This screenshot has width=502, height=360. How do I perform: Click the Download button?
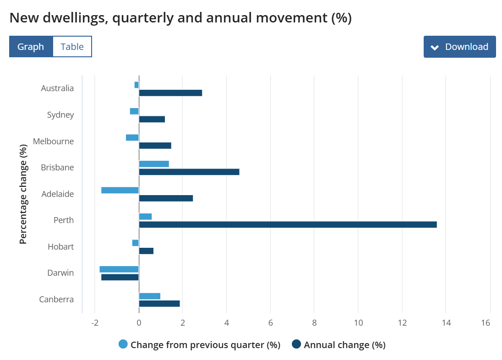tap(459, 47)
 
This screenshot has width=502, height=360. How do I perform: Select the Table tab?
tap(72, 47)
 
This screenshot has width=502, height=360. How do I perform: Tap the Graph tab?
tap(31, 47)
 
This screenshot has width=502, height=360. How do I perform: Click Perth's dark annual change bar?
tap(288, 224)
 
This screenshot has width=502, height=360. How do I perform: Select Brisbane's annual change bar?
tap(189, 172)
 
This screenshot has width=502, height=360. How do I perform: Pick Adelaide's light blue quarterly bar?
tap(120, 190)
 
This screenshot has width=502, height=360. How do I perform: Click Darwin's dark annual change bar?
tap(120, 277)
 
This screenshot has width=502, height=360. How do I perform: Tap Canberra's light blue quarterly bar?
tap(150, 296)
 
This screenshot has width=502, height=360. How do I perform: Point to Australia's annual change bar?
tap(170, 93)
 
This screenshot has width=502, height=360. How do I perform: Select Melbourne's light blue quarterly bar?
tap(132, 137)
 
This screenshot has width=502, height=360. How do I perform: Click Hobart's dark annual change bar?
tap(146, 251)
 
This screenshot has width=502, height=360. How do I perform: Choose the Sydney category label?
tap(60, 115)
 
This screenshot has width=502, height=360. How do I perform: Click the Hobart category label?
tap(61, 247)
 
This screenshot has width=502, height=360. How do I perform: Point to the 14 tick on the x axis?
tap(446, 323)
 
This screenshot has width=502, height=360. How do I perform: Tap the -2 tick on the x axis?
tap(95, 323)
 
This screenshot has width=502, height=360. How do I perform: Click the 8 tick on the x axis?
tap(314, 323)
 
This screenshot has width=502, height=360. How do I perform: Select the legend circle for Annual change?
tap(296, 344)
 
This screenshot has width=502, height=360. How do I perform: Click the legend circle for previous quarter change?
tap(123, 344)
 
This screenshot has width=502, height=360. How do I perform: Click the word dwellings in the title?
tap(72, 18)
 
